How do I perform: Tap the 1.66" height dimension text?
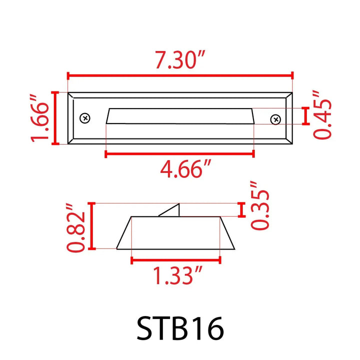click(40, 118)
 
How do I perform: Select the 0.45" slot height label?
click(322, 115)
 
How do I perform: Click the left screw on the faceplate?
click(85, 118)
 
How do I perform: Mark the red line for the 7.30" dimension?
click(180, 75)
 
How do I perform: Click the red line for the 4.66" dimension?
click(180, 154)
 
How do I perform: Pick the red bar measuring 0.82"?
click(91, 225)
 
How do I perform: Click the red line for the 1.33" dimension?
click(175, 259)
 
